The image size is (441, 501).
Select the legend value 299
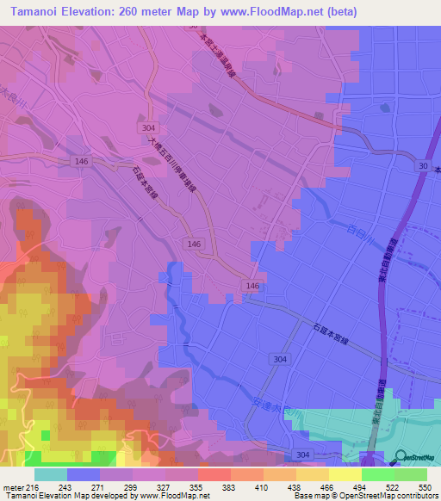click(133, 487)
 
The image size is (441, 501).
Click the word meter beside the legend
click(12, 487)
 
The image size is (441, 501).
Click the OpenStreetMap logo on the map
click(401, 457)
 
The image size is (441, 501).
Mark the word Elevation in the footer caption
click(48, 497)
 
